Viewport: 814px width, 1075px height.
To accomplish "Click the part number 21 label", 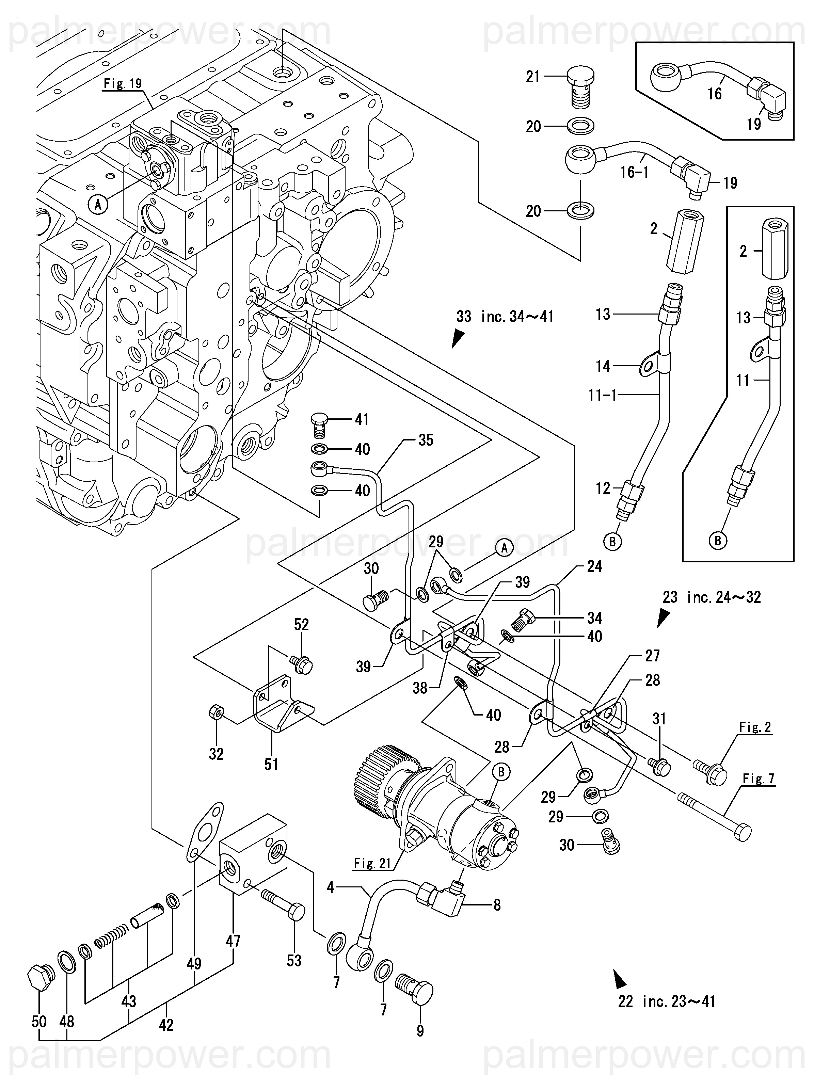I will (533, 77).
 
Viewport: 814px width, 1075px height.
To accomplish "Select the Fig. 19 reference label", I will (123, 84).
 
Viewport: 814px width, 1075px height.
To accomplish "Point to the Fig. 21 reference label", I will (372, 863).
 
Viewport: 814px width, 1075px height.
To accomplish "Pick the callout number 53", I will (294, 960).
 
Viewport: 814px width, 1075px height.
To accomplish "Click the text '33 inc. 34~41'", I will (505, 317).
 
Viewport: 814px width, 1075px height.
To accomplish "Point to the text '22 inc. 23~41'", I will (667, 1001).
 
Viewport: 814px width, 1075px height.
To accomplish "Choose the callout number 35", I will (426, 440).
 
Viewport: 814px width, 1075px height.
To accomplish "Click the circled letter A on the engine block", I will (98, 205).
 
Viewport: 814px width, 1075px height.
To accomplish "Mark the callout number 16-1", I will (635, 172).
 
